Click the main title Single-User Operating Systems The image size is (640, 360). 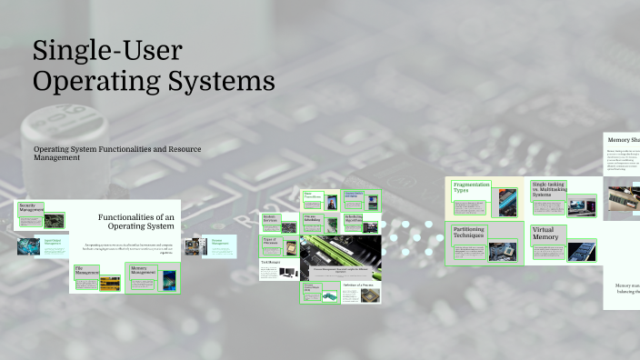tap(153, 66)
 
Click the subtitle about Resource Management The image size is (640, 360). tap(116, 153)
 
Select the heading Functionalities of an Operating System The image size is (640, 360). tap(135, 221)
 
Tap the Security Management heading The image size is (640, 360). tap(32, 208)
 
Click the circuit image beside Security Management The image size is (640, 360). tap(56, 219)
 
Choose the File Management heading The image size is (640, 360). tap(86, 271)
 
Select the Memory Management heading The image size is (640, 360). tap(139, 270)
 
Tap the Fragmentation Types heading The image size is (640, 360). tap(472, 187)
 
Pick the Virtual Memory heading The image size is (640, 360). tap(546, 234)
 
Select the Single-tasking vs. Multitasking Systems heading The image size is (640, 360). tap(548, 189)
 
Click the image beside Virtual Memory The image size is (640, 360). tap(581, 250)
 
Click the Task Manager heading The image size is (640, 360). tap(270, 262)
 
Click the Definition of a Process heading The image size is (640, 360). tap(358, 285)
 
